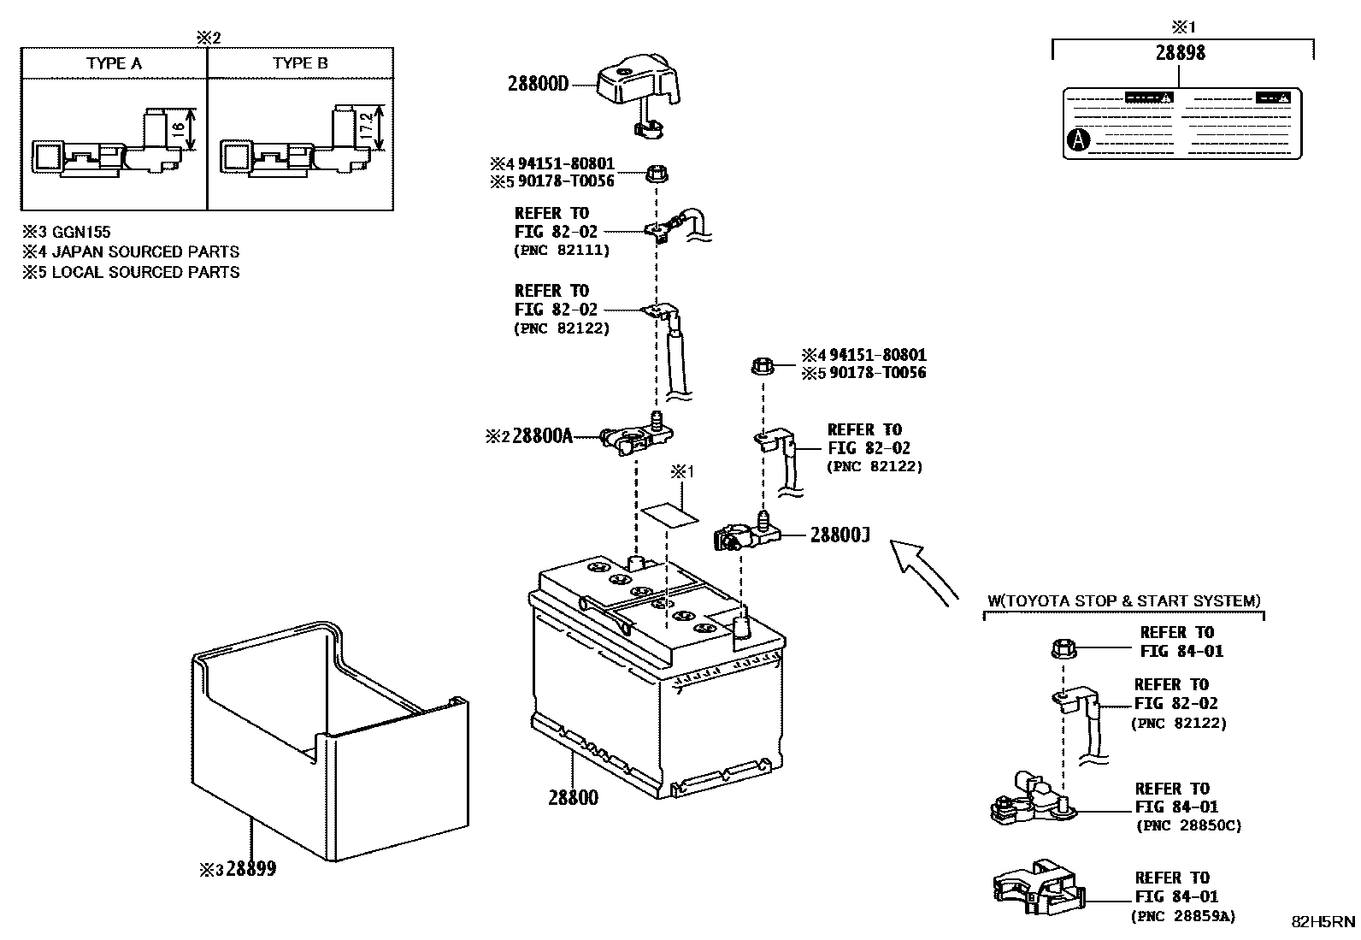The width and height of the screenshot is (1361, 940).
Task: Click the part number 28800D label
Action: (538, 84)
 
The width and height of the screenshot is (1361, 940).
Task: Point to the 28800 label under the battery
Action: (573, 797)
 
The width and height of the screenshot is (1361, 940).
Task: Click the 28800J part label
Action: (840, 535)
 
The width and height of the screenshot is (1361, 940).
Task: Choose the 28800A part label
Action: (542, 435)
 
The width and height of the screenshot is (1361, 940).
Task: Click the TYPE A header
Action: (114, 63)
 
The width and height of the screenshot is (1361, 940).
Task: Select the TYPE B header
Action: (300, 63)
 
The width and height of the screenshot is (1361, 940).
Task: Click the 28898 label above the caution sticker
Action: (1181, 52)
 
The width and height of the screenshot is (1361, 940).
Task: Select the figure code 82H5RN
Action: (1323, 921)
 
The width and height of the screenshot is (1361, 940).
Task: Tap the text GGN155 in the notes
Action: (81, 232)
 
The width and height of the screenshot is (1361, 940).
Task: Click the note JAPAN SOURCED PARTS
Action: (145, 251)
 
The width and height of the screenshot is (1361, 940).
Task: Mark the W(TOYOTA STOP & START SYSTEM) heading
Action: (1123, 601)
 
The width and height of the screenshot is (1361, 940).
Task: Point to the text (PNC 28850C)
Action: (1188, 825)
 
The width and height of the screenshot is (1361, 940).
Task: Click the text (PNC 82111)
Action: (562, 250)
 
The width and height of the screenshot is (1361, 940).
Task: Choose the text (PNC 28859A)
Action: (1183, 916)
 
